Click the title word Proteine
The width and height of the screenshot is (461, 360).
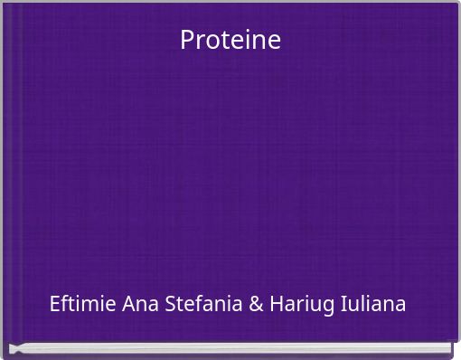pyautogui.click(x=230, y=40)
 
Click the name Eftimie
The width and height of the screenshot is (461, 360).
pyautogui.click(x=83, y=303)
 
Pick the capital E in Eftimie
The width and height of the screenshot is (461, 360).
pyautogui.click(x=56, y=303)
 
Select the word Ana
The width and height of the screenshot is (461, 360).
pyautogui.click(x=141, y=304)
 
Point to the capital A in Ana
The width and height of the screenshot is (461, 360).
pyautogui.click(x=128, y=303)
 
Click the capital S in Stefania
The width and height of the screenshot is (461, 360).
pyautogui.click(x=171, y=303)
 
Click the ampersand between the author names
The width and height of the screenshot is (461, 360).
pyautogui.click(x=256, y=304)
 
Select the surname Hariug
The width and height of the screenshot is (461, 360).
pyautogui.click(x=301, y=304)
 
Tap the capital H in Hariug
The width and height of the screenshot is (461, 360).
pyautogui.click(x=277, y=303)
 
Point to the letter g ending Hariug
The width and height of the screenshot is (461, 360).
pyautogui.click(x=327, y=307)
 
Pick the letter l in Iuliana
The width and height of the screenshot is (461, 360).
pyautogui.click(x=358, y=302)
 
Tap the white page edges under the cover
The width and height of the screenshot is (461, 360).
pyautogui.click(x=230, y=348)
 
